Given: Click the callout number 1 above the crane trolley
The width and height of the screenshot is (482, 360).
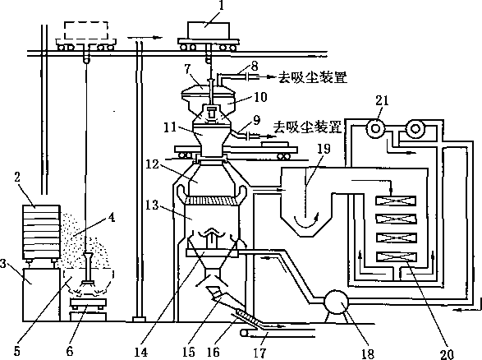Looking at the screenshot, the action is click(221, 7).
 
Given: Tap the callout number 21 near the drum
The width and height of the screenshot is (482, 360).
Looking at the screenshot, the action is click(382, 101).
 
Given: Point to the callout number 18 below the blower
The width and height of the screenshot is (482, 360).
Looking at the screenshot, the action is click(368, 353).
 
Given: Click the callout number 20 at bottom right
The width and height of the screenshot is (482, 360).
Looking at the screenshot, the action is click(448, 354).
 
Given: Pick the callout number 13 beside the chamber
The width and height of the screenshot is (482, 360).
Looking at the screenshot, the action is click(152, 205).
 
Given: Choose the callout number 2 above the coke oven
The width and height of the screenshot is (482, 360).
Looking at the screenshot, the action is click(17, 178).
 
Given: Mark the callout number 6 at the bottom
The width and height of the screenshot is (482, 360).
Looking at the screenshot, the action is click(70, 351).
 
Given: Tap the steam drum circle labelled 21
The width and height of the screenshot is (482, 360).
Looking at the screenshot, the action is click(374, 128).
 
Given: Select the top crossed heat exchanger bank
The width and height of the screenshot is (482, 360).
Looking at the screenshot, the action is click(396, 201).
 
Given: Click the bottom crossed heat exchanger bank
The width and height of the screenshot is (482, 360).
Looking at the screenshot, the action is click(396, 257).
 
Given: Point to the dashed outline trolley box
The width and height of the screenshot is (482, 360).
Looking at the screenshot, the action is click(85, 30).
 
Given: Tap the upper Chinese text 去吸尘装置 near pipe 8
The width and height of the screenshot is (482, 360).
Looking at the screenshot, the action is click(313, 77).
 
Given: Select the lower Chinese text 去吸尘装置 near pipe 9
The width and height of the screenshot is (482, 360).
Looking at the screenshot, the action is click(307, 127).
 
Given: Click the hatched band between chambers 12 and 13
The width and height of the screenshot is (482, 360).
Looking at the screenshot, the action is click(211, 201).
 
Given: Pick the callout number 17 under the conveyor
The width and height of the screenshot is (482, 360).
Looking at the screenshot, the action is click(260, 353).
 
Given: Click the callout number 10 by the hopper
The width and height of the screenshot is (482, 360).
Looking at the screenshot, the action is click(260, 97).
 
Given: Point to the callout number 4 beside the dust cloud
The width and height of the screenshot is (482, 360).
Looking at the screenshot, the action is click(112, 218).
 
